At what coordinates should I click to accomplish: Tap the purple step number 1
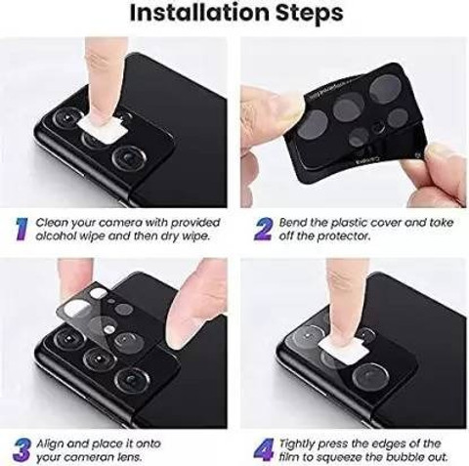19,229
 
